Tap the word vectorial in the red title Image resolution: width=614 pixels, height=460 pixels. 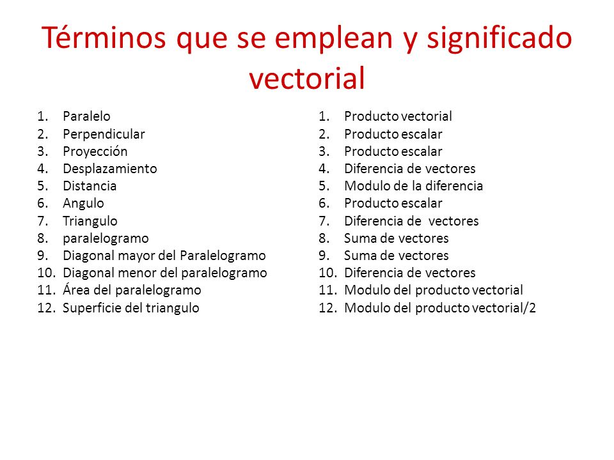click(x=306, y=79)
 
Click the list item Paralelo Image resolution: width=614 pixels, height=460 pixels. click(x=86, y=116)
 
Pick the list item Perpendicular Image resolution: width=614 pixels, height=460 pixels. click(x=104, y=134)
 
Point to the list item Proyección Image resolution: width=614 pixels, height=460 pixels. click(x=95, y=151)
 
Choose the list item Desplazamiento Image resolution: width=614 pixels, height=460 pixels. click(x=109, y=169)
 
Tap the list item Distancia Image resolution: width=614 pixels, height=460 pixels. click(x=90, y=186)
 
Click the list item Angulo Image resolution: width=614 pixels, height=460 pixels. click(x=83, y=203)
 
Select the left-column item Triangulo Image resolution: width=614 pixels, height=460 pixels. click(x=90, y=221)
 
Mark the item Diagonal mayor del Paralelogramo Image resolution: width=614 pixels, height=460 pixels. click(x=164, y=256)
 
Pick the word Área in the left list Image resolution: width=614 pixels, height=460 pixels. click(x=74, y=290)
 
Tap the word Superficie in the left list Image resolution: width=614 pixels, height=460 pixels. click(x=90, y=307)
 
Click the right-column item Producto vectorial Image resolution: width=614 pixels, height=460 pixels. click(x=398, y=116)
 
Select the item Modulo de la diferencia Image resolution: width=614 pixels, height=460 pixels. click(x=413, y=186)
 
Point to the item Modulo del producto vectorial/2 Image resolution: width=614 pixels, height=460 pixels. click(x=440, y=307)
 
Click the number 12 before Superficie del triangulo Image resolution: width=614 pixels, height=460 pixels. click(x=47, y=307)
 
